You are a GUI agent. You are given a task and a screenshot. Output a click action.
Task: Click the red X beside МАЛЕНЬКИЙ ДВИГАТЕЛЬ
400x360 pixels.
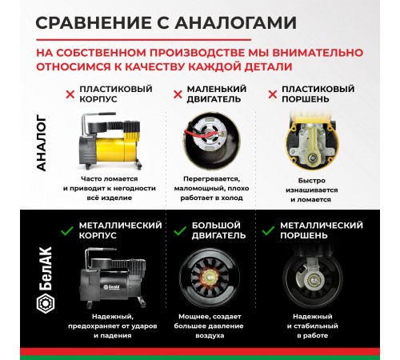pyautogui.click(x=178, y=94)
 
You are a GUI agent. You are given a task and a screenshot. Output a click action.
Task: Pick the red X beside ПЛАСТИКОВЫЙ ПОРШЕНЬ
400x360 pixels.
pyautogui.click(x=272, y=94)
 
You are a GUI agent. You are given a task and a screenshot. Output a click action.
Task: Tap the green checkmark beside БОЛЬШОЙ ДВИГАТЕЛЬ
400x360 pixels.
pyautogui.click(x=179, y=226)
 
